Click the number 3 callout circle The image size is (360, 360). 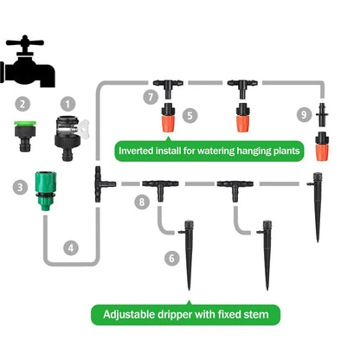(x=19, y=185)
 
